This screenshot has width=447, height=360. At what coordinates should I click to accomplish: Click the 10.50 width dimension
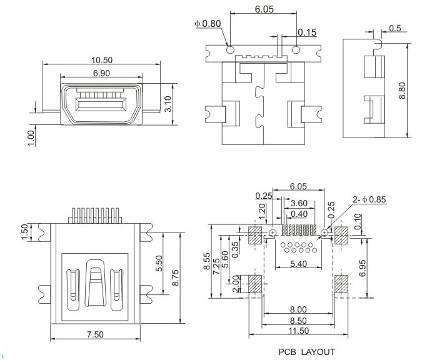(102, 61)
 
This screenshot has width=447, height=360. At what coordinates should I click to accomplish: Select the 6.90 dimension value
(102, 74)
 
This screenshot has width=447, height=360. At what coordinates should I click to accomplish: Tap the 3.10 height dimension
(167, 104)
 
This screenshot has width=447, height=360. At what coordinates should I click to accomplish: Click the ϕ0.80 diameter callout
(208, 24)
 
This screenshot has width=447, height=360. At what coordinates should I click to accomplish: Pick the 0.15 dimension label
(306, 32)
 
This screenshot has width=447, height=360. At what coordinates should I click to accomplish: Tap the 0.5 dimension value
(395, 28)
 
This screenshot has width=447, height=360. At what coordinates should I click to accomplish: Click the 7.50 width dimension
(95, 334)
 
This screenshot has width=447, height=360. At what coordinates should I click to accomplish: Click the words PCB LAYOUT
(306, 352)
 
